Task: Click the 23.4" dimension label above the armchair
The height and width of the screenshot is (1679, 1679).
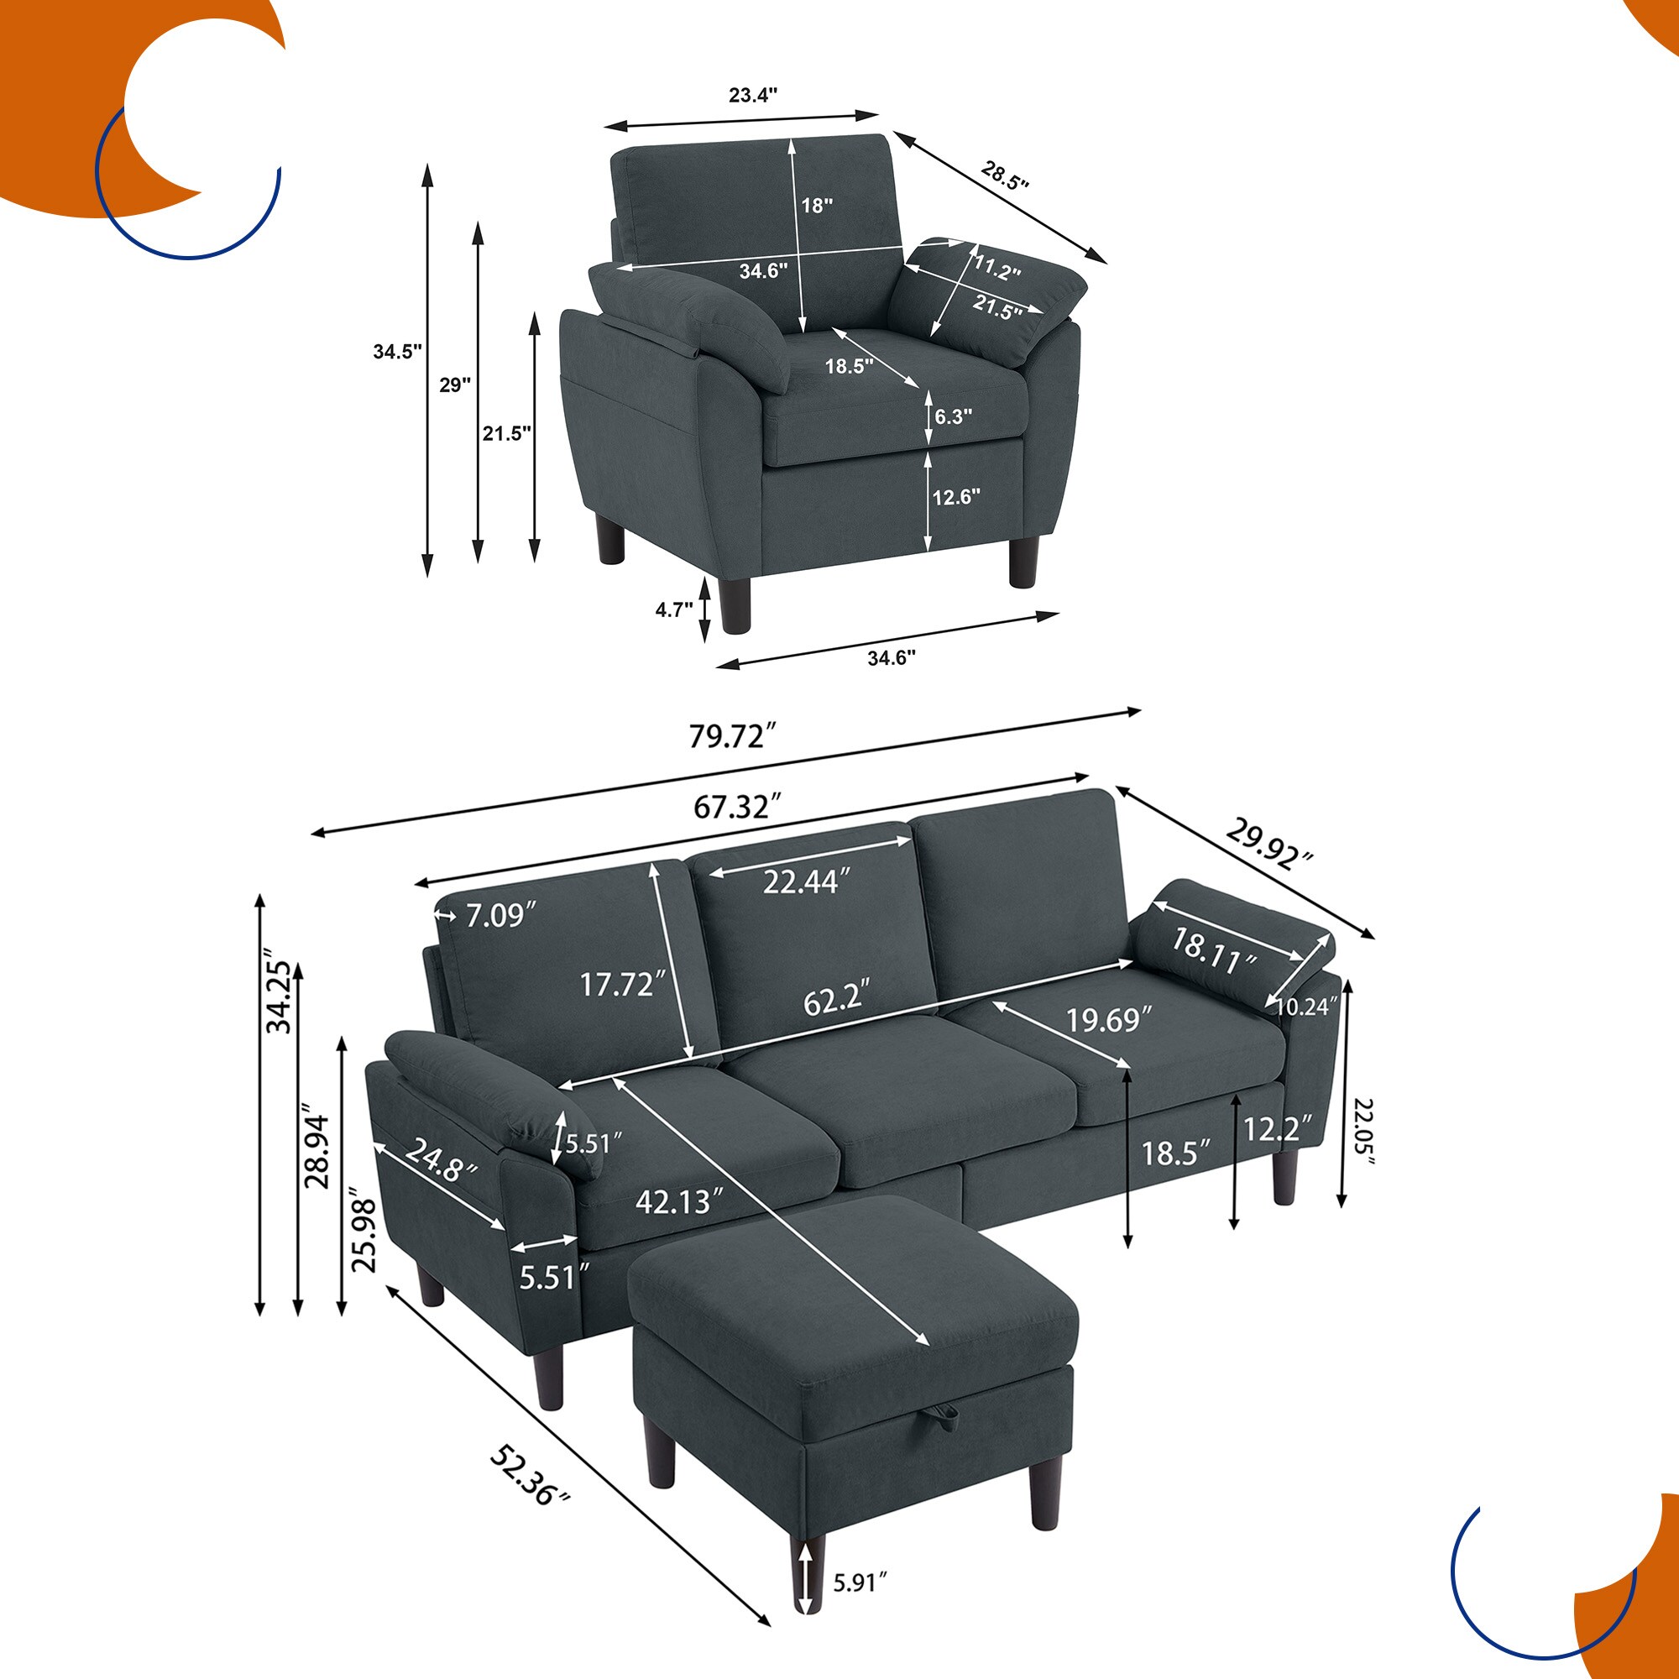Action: tap(751, 95)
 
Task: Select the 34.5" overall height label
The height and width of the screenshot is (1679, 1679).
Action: tap(397, 352)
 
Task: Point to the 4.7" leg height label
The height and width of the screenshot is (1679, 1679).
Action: tap(673, 609)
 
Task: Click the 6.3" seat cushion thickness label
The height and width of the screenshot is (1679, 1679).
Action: tap(954, 416)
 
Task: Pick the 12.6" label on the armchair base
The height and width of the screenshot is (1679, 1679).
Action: tap(956, 497)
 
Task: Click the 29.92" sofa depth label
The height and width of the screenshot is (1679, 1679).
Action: tap(1268, 844)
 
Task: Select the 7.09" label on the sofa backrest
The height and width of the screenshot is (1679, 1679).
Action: tap(499, 915)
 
